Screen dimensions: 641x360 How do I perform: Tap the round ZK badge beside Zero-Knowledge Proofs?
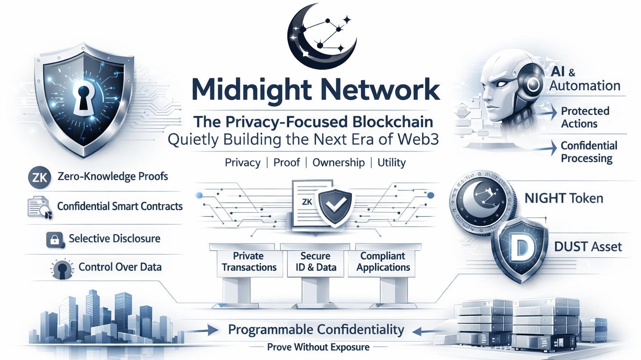pyautogui.click(x=40, y=178)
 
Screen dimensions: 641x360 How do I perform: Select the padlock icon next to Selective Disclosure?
pyautogui.click(x=55, y=240)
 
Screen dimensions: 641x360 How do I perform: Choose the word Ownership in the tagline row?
pyautogui.click(x=338, y=162)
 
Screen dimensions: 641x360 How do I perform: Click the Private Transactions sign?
pyautogui.click(x=249, y=262)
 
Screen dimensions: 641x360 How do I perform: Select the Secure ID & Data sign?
pyautogui.click(x=316, y=262)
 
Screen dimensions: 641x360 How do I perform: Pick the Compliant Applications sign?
pyautogui.click(x=383, y=262)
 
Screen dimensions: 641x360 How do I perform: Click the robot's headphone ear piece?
pyautogui.click(x=533, y=85)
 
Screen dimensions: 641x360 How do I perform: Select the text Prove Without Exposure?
pyautogui.click(x=318, y=347)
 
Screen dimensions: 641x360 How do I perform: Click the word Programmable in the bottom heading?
pyautogui.click(x=268, y=330)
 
